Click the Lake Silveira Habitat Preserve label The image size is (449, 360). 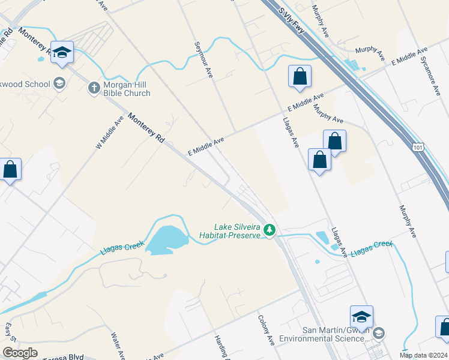pos(237,231)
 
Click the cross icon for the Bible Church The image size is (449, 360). pos(94,88)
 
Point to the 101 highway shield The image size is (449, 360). pos(419,146)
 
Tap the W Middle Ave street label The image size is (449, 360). pos(109,133)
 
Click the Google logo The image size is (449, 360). pos(20,353)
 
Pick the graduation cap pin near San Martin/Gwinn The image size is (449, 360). pos(361,316)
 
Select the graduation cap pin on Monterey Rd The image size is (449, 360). pos(62,52)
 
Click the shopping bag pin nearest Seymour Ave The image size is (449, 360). pos(300,77)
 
